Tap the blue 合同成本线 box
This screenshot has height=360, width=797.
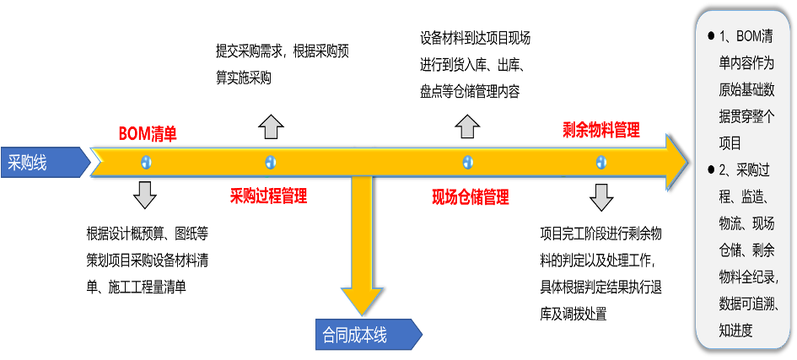(367, 335)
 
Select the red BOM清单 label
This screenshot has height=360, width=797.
(148, 132)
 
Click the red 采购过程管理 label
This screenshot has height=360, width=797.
(268, 196)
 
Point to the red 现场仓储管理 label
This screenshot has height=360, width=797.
(471, 197)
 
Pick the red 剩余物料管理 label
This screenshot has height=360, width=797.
(601, 130)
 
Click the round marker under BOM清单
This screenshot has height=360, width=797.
(145, 162)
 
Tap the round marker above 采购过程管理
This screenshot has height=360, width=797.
(270, 162)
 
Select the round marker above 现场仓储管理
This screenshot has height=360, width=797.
(467, 162)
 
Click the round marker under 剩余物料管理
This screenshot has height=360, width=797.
(601, 162)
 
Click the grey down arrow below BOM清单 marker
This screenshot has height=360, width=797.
(145, 194)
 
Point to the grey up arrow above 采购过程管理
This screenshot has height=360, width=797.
(270, 127)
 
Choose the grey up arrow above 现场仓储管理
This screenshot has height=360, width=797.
(467, 127)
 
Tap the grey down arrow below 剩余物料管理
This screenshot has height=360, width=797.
(601, 196)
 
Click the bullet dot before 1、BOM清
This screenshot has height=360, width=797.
(711, 35)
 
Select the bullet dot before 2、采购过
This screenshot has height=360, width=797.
(711, 170)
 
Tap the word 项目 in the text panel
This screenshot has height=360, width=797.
(730, 143)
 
